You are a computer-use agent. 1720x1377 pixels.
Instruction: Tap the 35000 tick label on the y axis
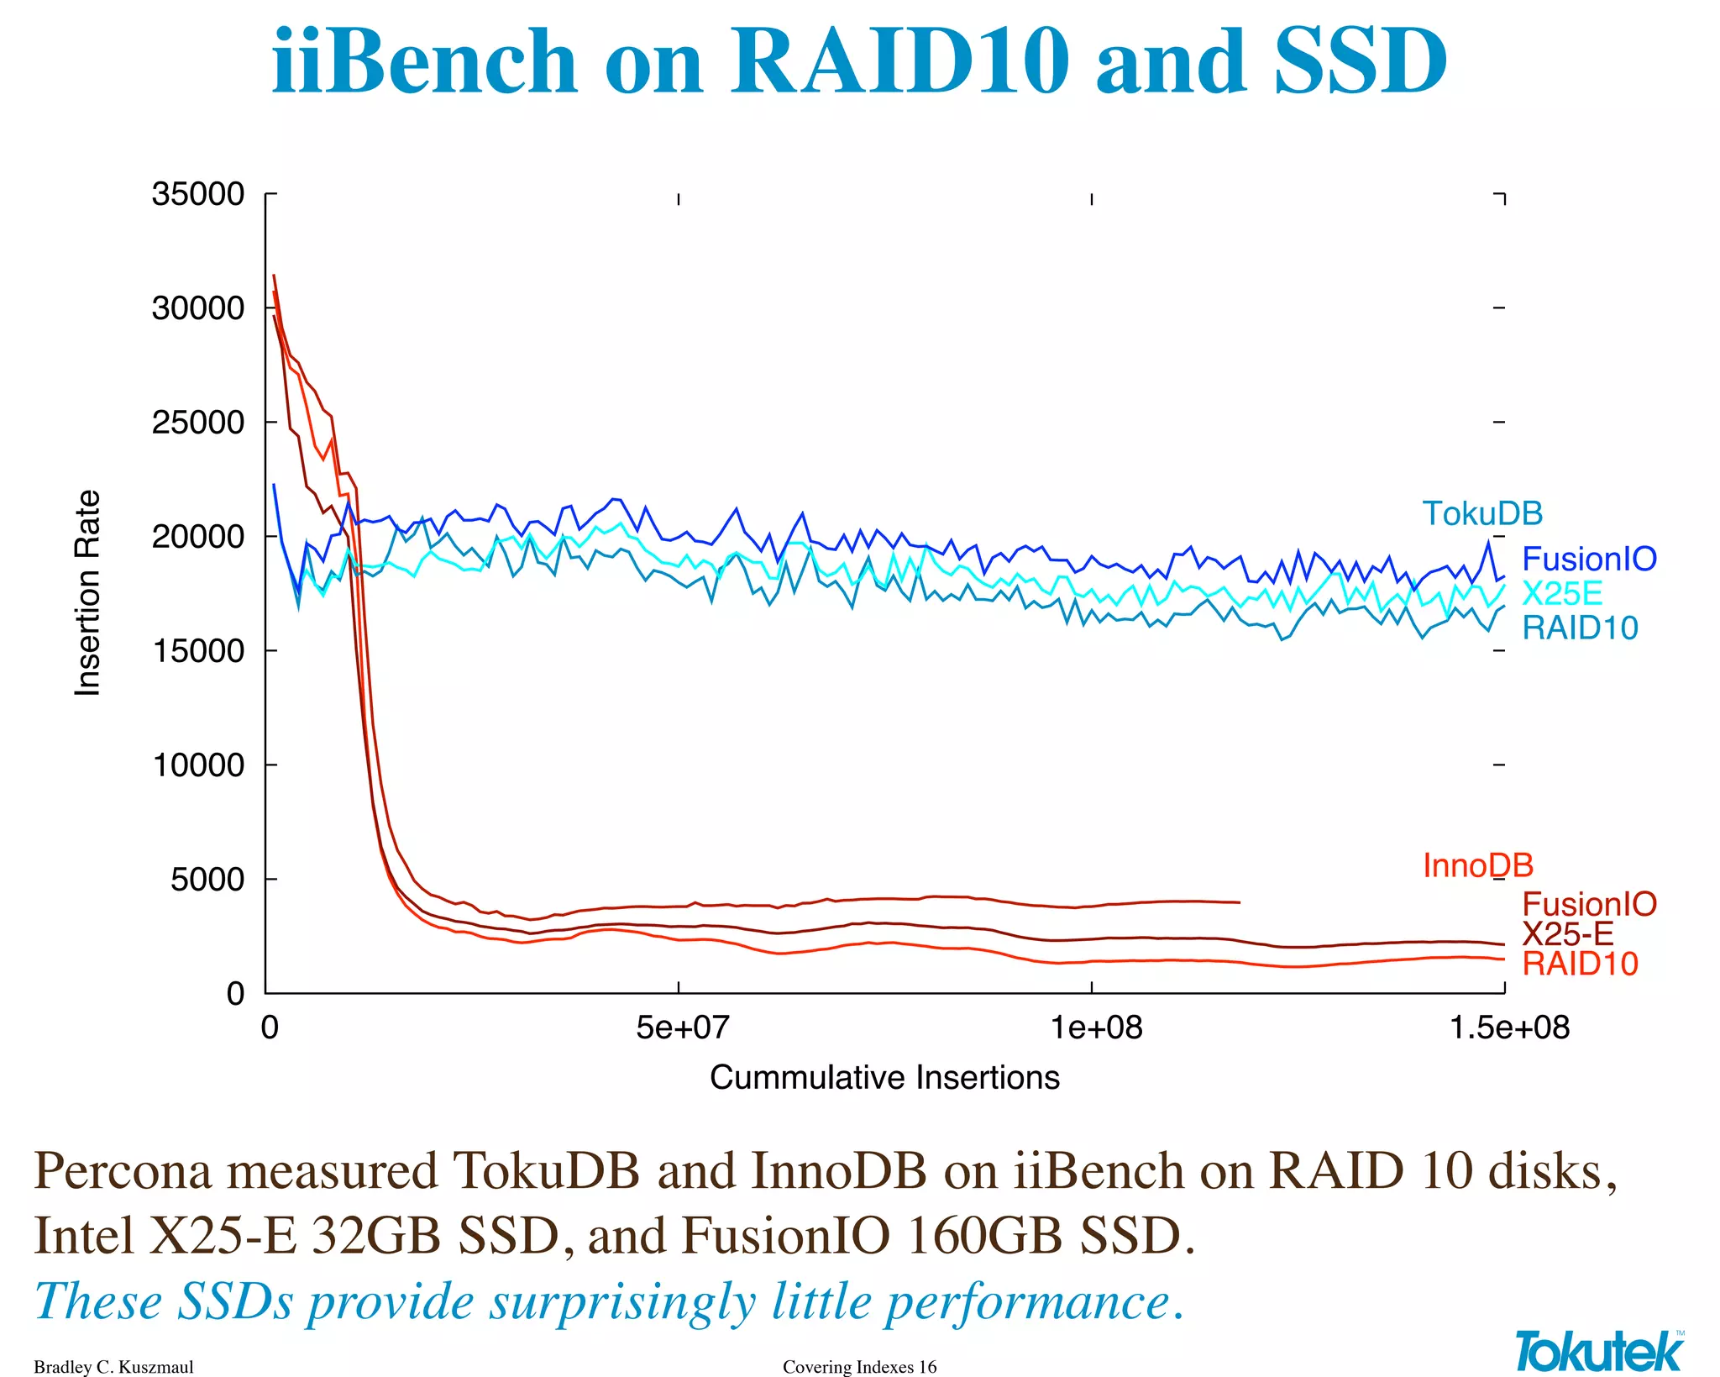pyautogui.click(x=198, y=194)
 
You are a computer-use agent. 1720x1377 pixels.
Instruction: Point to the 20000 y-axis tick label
pyautogui.click(x=198, y=536)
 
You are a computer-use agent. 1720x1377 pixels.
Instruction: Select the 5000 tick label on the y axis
pyautogui.click(x=207, y=880)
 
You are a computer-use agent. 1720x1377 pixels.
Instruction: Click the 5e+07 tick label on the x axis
pyautogui.click(x=682, y=1027)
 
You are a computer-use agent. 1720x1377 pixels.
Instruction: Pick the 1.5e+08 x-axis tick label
pyautogui.click(x=1509, y=1027)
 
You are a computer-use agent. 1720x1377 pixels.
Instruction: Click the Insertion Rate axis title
pyautogui.click(x=87, y=593)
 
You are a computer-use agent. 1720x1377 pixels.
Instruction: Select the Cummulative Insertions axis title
pyautogui.click(x=884, y=1077)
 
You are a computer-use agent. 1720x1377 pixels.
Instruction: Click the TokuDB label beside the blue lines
pyautogui.click(x=1482, y=513)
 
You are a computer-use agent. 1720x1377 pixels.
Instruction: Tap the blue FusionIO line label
pyautogui.click(x=1589, y=559)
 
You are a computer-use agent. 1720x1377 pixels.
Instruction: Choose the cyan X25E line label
pyautogui.click(x=1562, y=593)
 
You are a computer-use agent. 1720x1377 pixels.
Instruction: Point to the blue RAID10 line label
pyautogui.click(x=1580, y=628)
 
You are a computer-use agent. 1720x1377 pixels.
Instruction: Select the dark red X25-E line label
pyautogui.click(x=1567, y=933)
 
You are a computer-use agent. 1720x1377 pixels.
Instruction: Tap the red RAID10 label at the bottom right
pyautogui.click(x=1580, y=964)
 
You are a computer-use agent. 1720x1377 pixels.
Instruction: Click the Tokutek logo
pyautogui.click(x=1599, y=1352)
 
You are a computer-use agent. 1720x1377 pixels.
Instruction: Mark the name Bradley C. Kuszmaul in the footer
pyautogui.click(x=113, y=1367)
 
